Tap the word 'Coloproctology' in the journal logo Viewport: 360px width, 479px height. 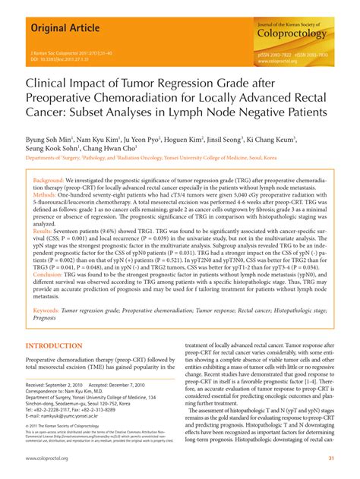(x=292, y=34)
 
